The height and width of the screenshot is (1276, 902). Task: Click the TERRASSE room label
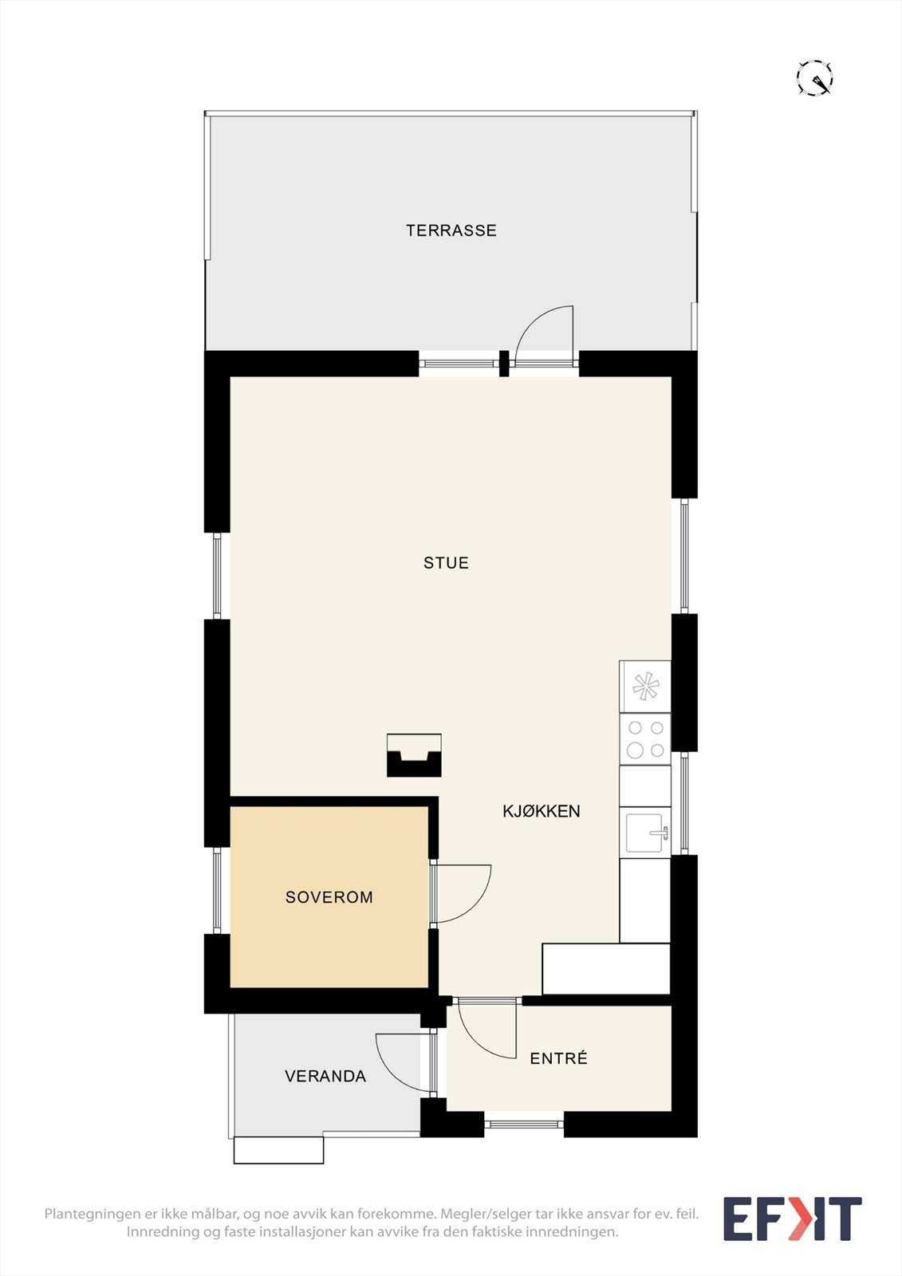click(x=451, y=230)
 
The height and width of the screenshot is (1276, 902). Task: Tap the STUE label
click(x=446, y=563)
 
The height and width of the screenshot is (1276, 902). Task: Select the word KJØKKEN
click(x=542, y=811)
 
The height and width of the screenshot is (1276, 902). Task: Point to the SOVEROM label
click(x=329, y=897)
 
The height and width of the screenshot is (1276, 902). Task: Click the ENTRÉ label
click(x=558, y=1057)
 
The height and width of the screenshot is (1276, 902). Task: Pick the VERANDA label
click(x=325, y=1076)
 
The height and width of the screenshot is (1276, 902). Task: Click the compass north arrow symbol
click(x=815, y=77)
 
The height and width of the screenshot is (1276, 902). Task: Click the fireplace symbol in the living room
click(x=414, y=755)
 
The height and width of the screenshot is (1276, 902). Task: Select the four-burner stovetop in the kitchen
click(x=645, y=739)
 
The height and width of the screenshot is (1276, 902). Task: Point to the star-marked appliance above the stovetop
click(x=645, y=687)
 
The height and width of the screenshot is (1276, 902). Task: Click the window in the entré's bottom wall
click(x=524, y=1124)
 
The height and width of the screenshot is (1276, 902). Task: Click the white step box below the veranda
click(x=278, y=1149)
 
